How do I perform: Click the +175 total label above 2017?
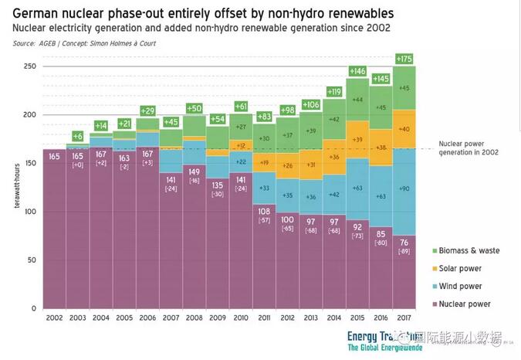point(404,59)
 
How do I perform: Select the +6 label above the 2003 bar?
point(77,135)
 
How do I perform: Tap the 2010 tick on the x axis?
point(240,318)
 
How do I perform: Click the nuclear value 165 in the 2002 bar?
point(54,157)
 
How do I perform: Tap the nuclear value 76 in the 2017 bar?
point(404,243)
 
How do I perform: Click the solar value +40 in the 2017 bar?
point(404,129)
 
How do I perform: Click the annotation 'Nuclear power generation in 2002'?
point(468,148)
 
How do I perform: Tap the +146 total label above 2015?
point(358,71)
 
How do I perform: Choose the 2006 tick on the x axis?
point(147,318)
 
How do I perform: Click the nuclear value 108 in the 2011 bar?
point(264,210)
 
